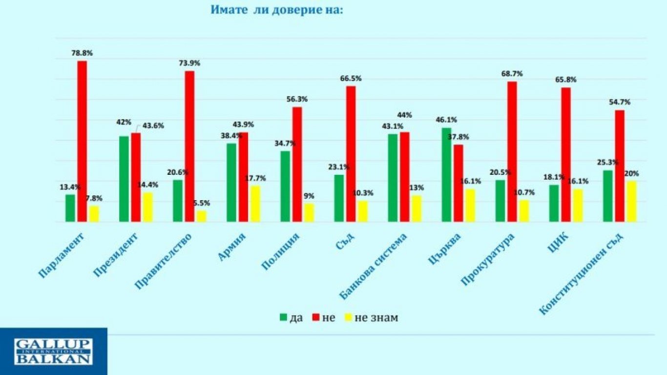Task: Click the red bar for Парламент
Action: click(x=82, y=142)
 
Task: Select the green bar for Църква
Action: click(x=446, y=175)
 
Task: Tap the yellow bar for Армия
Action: click(x=255, y=204)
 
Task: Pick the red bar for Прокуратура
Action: click(x=512, y=152)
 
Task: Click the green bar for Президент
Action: click(x=124, y=179)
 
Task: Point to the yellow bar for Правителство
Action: click(x=202, y=216)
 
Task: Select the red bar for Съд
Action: click(x=351, y=154)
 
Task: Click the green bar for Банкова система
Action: click(x=393, y=178)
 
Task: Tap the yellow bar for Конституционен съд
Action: click(x=631, y=201)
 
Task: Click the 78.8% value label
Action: click(x=82, y=53)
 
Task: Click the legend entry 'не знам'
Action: click(x=376, y=318)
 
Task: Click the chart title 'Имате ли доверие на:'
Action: click(x=277, y=10)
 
